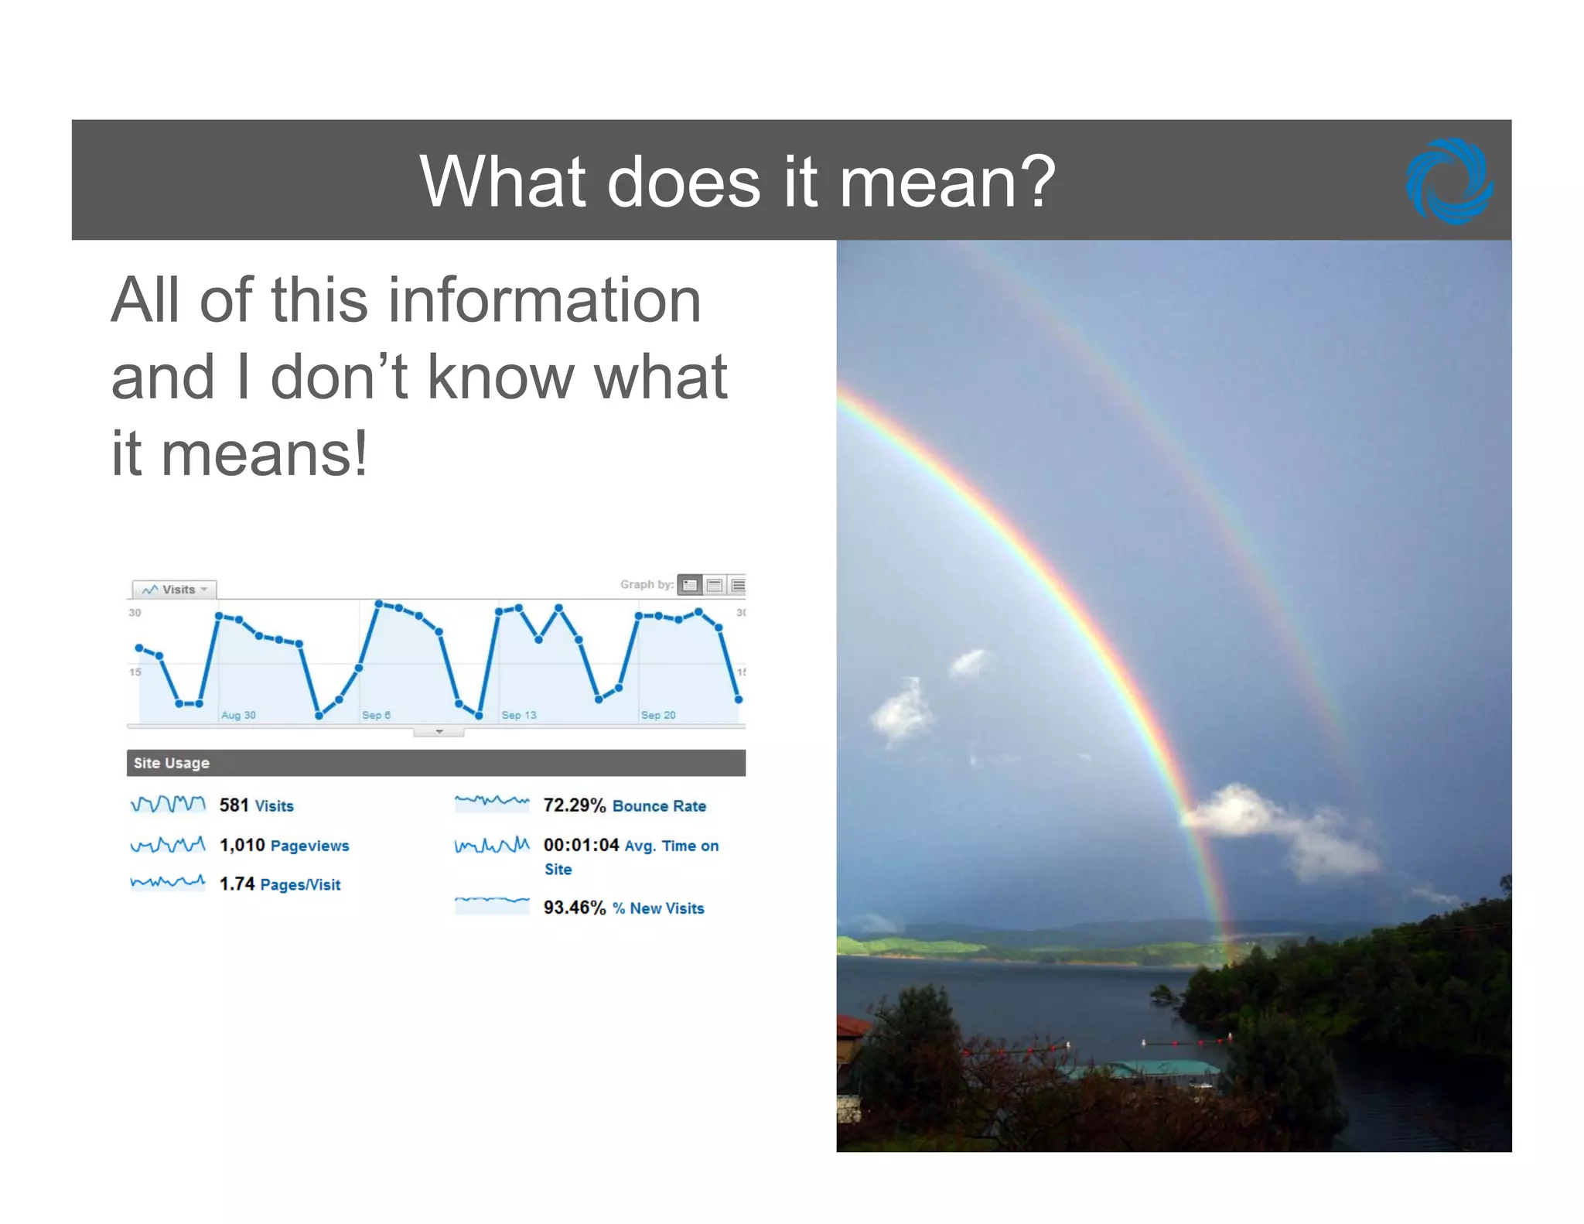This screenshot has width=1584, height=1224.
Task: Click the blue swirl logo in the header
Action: tap(1449, 182)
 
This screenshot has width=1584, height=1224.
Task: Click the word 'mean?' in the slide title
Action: tap(947, 182)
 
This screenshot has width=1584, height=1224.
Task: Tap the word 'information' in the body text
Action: tap(544, 300)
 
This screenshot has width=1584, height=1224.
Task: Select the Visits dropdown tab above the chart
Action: tap(175, 590)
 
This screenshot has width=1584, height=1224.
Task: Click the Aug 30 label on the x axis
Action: tap(238, 715)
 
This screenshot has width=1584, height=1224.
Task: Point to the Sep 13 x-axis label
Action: tap(518, 715)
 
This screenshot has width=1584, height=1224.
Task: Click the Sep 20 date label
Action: tap(658, 715)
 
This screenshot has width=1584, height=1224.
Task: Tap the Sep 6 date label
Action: tap(376, 715)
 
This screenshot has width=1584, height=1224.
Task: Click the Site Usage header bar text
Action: tap(172, 763)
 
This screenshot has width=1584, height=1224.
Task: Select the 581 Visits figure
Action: tap(256, 805)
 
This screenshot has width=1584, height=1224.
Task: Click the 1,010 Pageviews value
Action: tap(284, 845)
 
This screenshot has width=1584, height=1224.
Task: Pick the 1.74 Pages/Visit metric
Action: tap(279, 884)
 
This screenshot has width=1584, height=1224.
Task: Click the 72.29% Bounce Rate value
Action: tap(624, 805)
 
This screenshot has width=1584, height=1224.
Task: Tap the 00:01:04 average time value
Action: tap(582, 845)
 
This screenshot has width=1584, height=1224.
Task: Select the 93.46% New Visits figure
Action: tap(623, 908)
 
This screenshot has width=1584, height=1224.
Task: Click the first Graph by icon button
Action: tap(690, 585)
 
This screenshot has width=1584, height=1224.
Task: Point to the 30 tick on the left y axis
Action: tap(135, 613)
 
